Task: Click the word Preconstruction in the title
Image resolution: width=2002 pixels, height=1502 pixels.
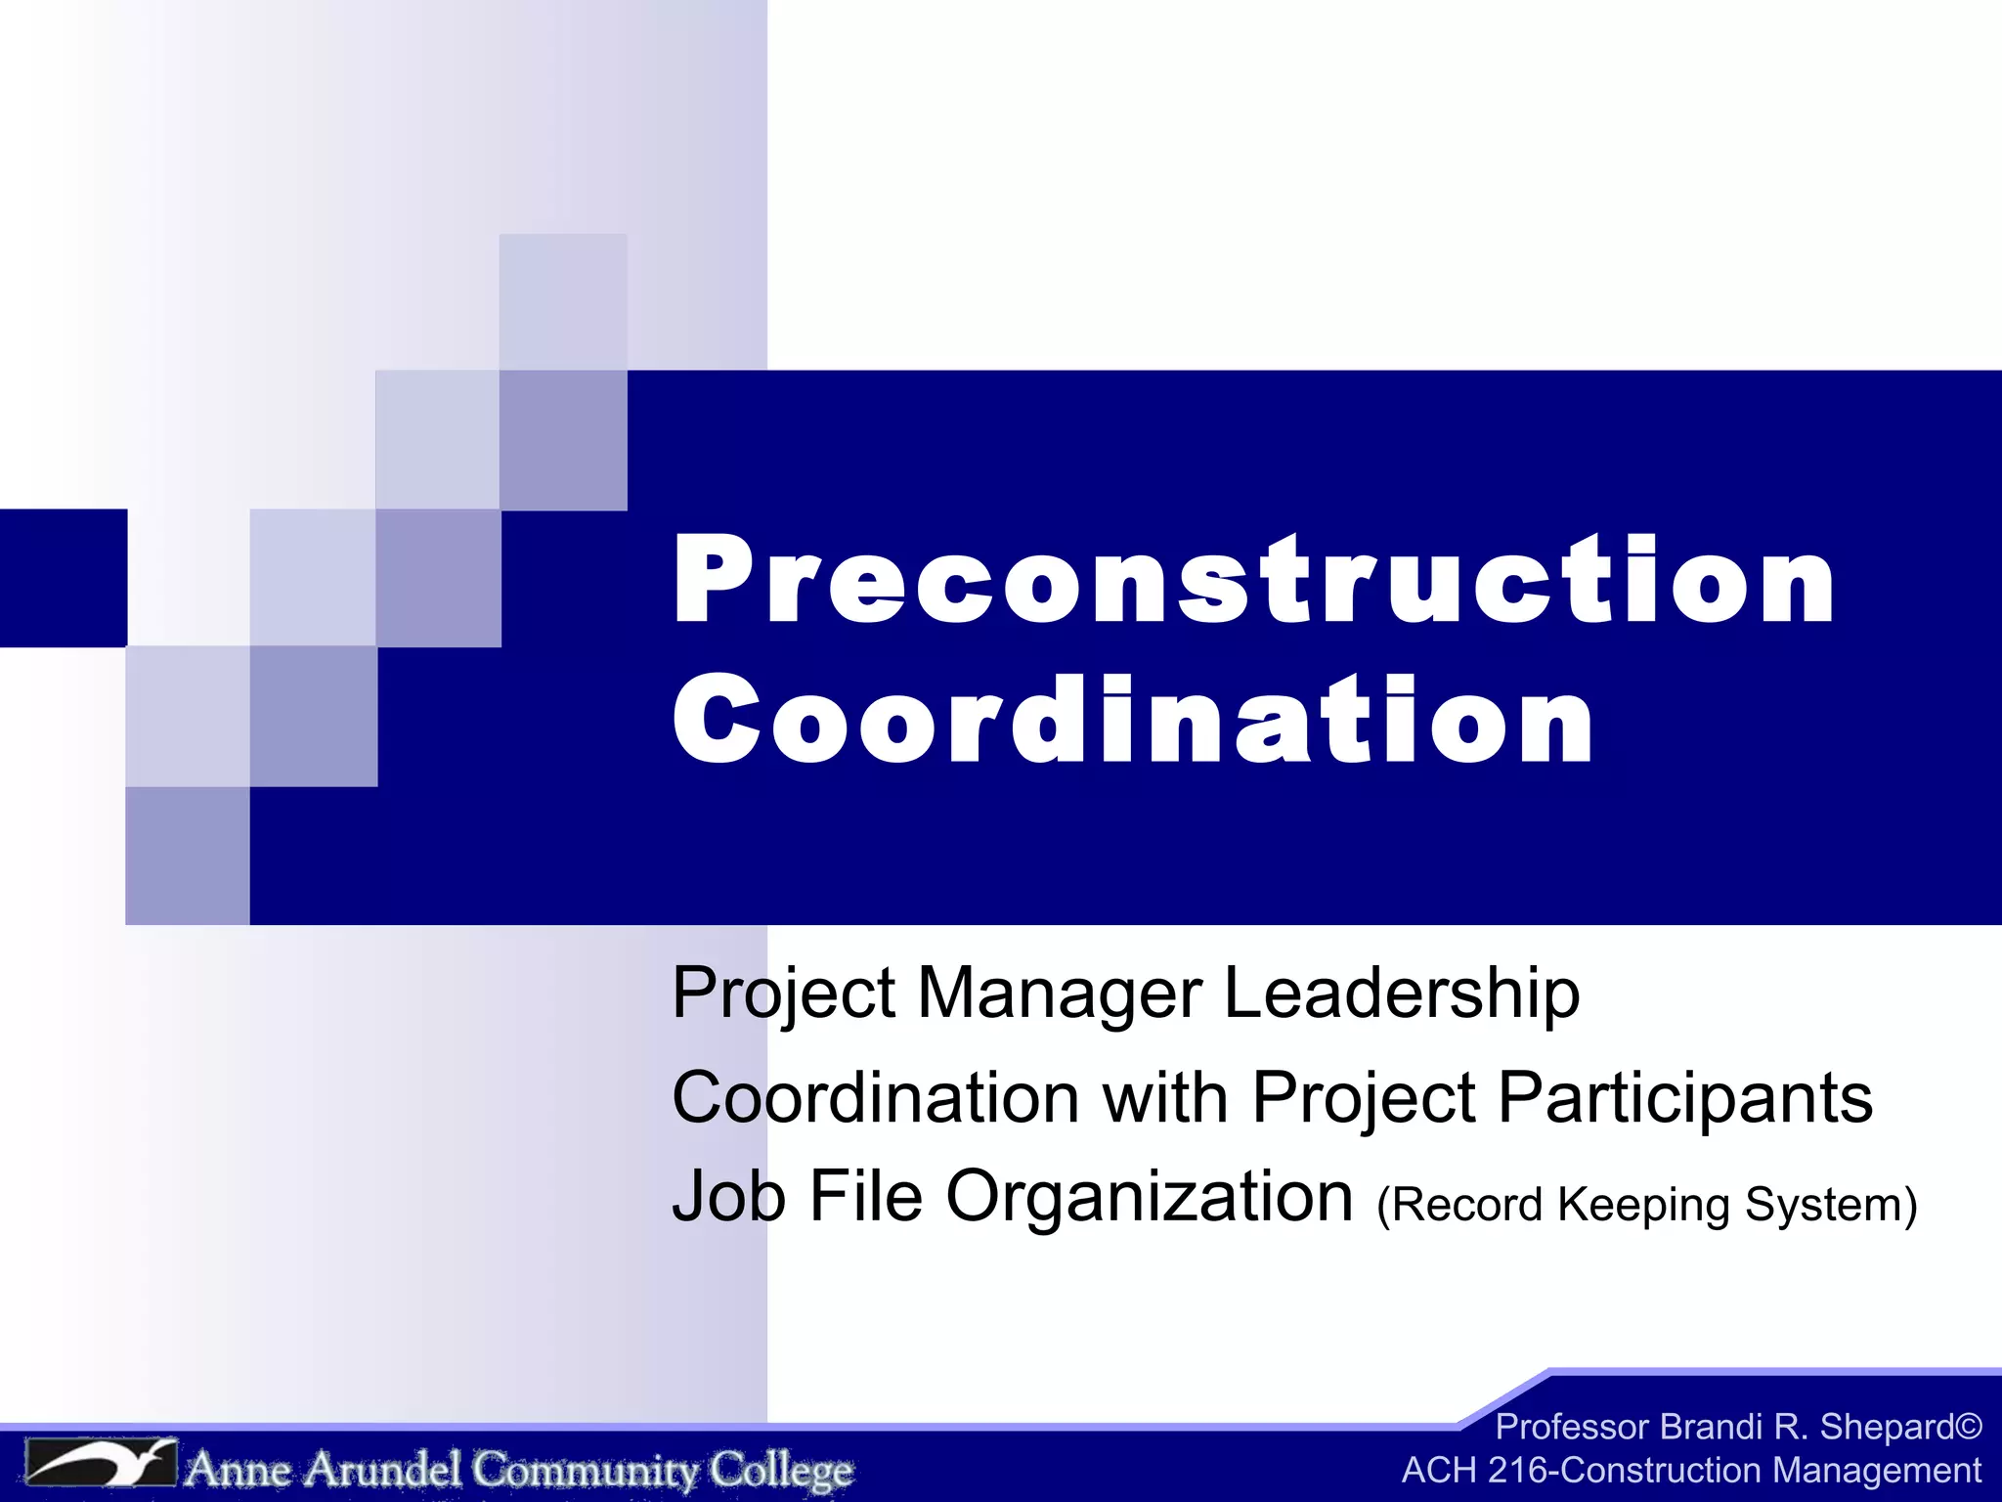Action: tap(1254, 581)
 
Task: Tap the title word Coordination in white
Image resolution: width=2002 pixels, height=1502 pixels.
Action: tap(1134, 722)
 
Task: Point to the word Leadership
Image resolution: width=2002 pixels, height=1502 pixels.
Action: tap(1401, 994)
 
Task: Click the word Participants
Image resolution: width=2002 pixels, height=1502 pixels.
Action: tap(1685, 1098)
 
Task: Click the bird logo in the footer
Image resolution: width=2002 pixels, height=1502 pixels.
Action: tap(101, 1464)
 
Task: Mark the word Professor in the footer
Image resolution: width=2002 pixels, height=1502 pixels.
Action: tap(1572, 1428)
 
